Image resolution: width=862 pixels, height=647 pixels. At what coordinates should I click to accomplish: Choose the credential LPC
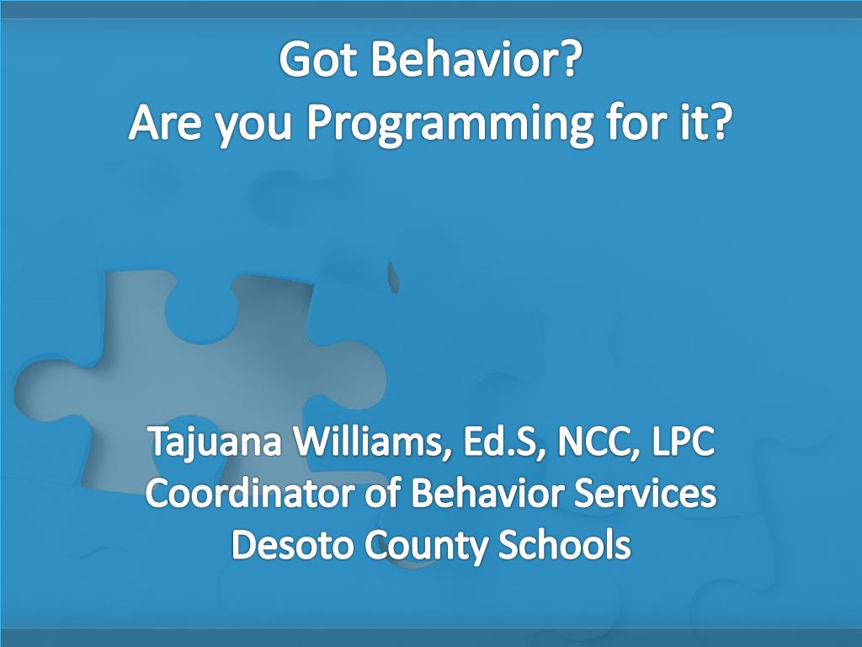pyautogui.click(x=684, y=441)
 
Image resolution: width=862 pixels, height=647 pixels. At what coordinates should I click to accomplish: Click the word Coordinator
pyautogui.click(x=249, y=492)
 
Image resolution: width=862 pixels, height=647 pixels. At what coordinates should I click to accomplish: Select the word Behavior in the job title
pyautogui.click(x=487, y=492)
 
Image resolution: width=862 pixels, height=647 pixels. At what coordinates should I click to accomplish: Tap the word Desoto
pyautogui.click(x=291, y=545)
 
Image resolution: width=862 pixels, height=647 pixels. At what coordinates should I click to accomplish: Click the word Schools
pyautogui.click(x=564, y=544)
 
